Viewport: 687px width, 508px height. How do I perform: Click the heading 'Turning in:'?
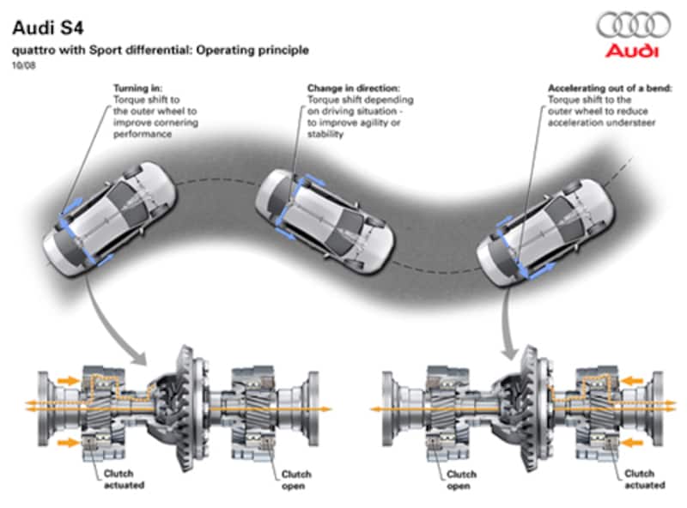138,88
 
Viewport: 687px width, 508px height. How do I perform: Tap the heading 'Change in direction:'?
354,88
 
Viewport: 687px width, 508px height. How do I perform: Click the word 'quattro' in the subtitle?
33,50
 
